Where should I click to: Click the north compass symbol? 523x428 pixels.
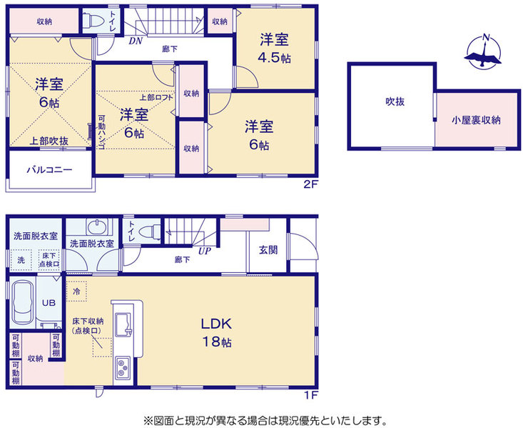(x=483, y=51)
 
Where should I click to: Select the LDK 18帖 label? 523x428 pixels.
(x=216, y=332)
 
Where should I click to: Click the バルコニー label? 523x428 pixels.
(x=50, y=169)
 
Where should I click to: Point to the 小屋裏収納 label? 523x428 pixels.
(x=476, y=120)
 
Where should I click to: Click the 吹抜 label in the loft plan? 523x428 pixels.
(x=395, y=101)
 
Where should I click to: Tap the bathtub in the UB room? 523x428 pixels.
(x=22, y=303)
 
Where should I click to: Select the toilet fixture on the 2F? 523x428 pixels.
(x=91, y=21)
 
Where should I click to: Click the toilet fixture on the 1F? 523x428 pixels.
(x=149, y=232)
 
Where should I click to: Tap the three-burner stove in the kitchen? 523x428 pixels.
(x=123, y=367)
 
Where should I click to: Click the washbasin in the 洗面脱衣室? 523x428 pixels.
(x=97, y=227)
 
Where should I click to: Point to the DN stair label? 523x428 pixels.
(x=136, y=41)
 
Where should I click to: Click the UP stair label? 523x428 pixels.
(x=205, y=251)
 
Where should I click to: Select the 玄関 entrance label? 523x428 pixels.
(x=268, y=249)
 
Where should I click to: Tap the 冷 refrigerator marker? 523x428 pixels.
(x=76, y=292)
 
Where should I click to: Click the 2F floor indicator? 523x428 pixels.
(x=310, y=184)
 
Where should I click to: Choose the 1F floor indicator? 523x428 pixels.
(x=311, y=395)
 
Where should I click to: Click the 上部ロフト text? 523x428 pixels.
(x=156, y=97)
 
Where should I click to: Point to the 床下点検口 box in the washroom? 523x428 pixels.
(x=49, y=259)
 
